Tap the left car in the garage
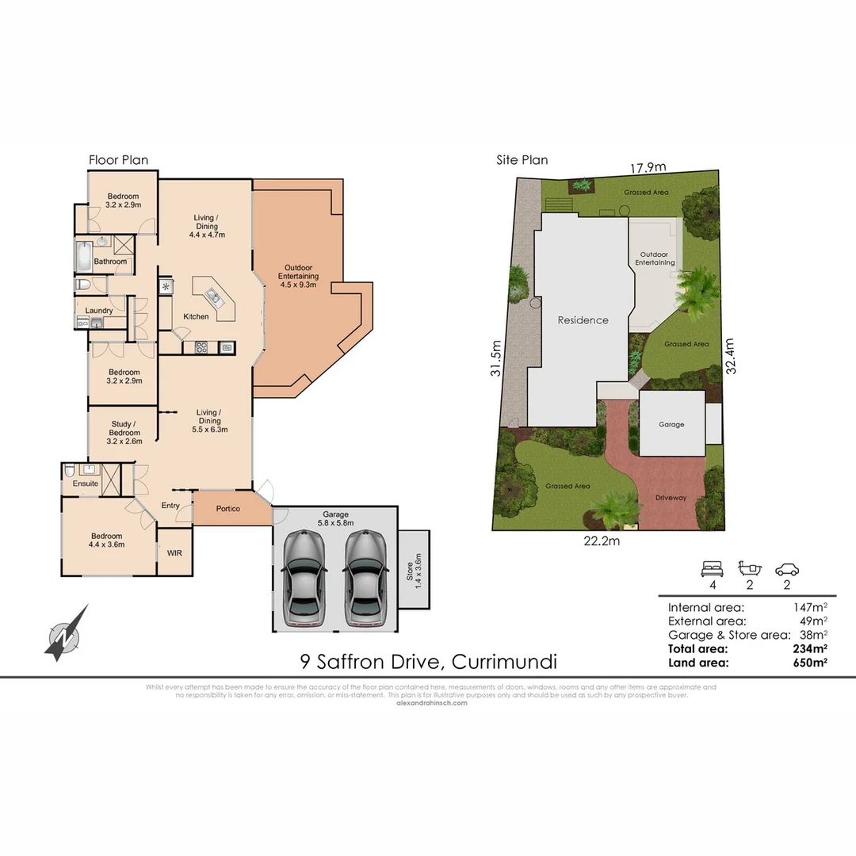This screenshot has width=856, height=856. coord(304,578)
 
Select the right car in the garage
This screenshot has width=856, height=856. coord(364,578)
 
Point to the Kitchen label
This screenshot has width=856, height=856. coord(196,316)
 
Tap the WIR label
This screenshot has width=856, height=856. coord(174,552)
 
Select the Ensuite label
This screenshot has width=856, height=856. coord(86,483)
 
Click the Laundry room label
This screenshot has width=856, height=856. coord(99,310)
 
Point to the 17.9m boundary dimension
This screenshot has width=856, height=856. coord(648,167)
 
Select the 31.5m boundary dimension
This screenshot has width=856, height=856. coord(496,359)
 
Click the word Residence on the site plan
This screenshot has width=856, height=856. coord(583,320)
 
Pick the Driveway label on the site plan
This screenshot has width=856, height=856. coord(671,498)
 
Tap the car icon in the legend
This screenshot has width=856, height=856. coord(787,569)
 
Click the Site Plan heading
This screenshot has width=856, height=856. coord(522,160)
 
